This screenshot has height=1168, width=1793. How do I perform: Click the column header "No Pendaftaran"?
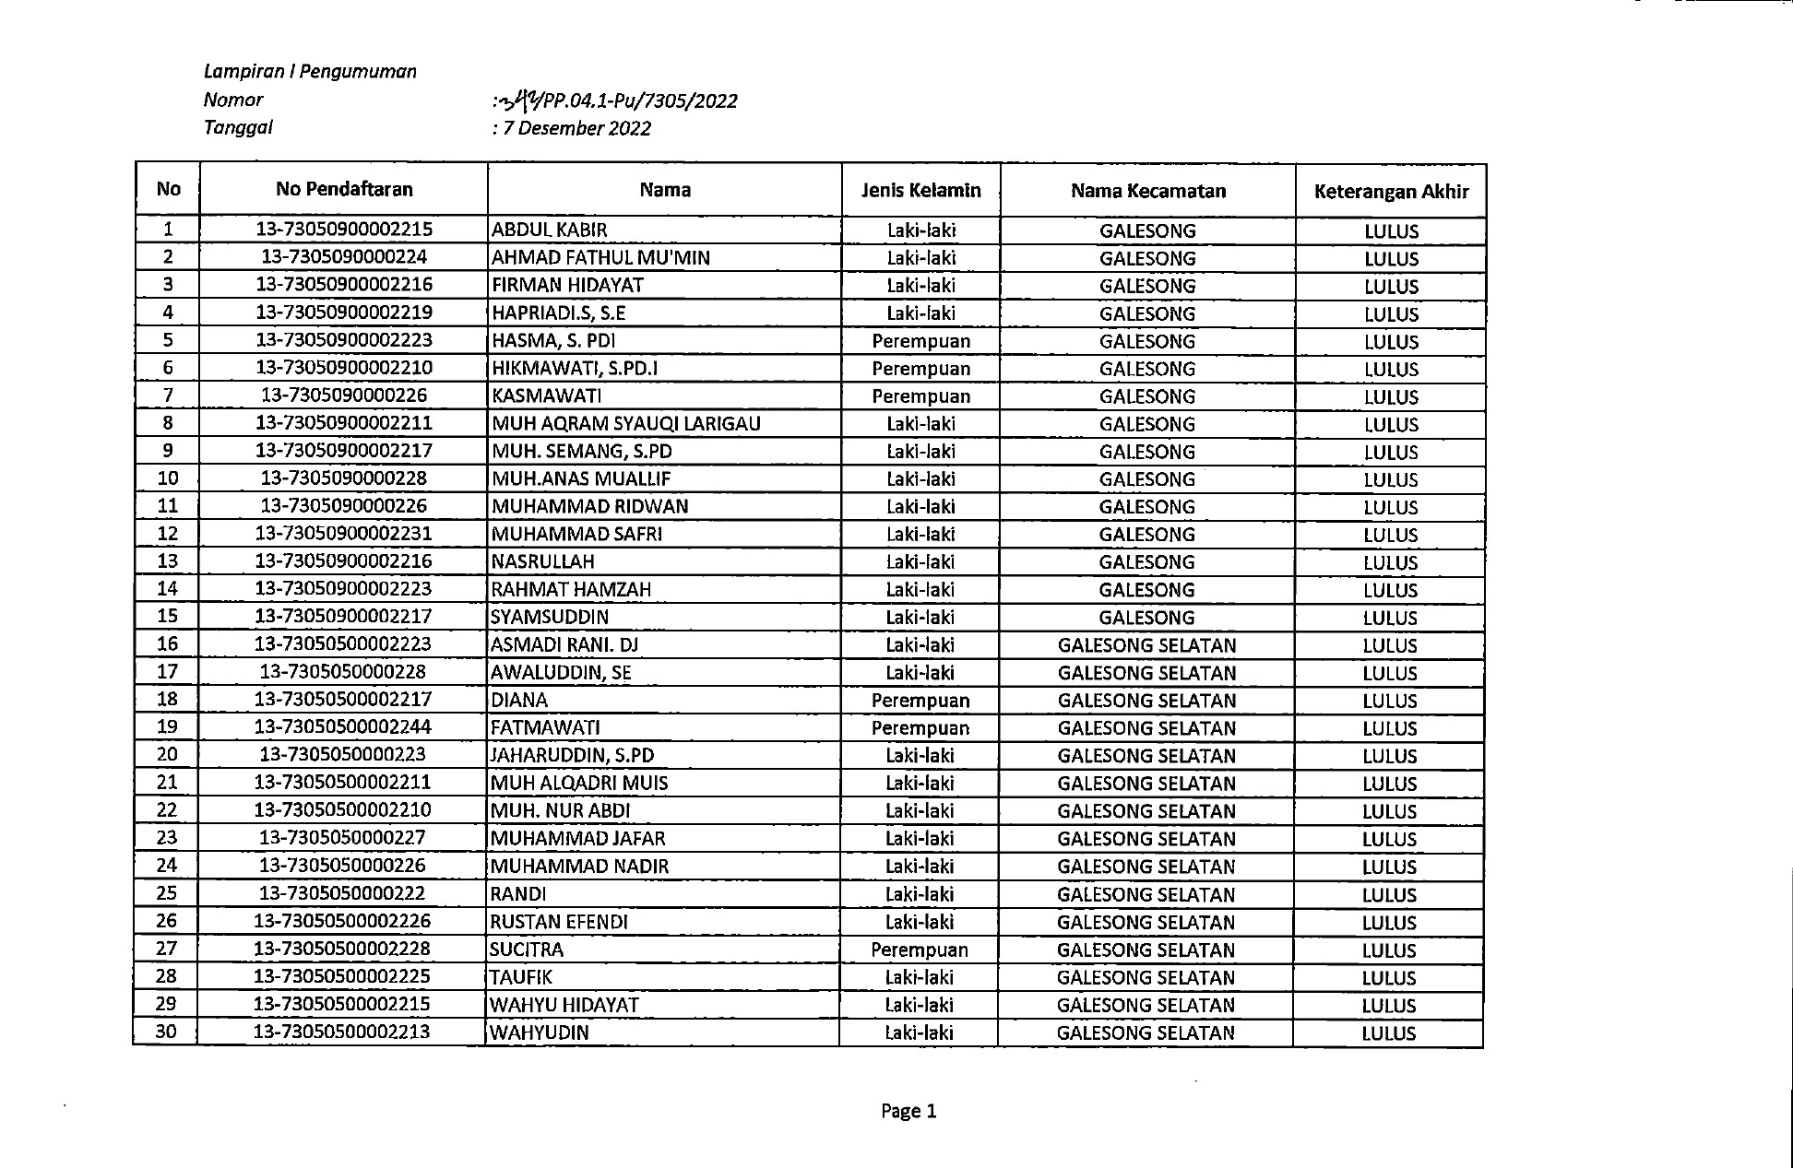coord(344,189)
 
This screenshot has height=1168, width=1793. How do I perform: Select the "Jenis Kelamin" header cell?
coord(920,190)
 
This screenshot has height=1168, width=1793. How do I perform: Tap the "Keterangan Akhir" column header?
coord(1391,192)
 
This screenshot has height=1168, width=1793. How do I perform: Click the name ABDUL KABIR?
coord(550,230)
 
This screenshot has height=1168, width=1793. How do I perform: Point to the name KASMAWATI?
coord(547,395)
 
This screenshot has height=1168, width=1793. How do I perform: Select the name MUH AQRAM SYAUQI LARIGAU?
coord(626,423)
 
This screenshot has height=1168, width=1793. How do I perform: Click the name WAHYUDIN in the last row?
coord(540,1032)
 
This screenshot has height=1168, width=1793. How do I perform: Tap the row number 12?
coord(168,533)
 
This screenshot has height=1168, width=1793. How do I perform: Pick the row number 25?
coord(167,892)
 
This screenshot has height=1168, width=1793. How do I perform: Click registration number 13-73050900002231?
coord(344,533)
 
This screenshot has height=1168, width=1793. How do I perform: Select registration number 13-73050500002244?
coord(343,726)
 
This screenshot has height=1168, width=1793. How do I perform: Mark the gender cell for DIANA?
coord(920,700)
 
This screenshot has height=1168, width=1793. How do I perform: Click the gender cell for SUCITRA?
coord(920,950)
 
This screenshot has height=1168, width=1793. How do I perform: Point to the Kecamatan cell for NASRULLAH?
coord(1147,561)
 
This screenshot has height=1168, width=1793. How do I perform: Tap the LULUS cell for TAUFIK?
coord(1389,977)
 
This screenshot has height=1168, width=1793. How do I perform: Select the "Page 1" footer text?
coord(908,1111)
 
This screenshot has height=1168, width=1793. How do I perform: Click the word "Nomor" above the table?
coord(233,100)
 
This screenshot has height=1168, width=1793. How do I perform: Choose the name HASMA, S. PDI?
coord(553,340)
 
